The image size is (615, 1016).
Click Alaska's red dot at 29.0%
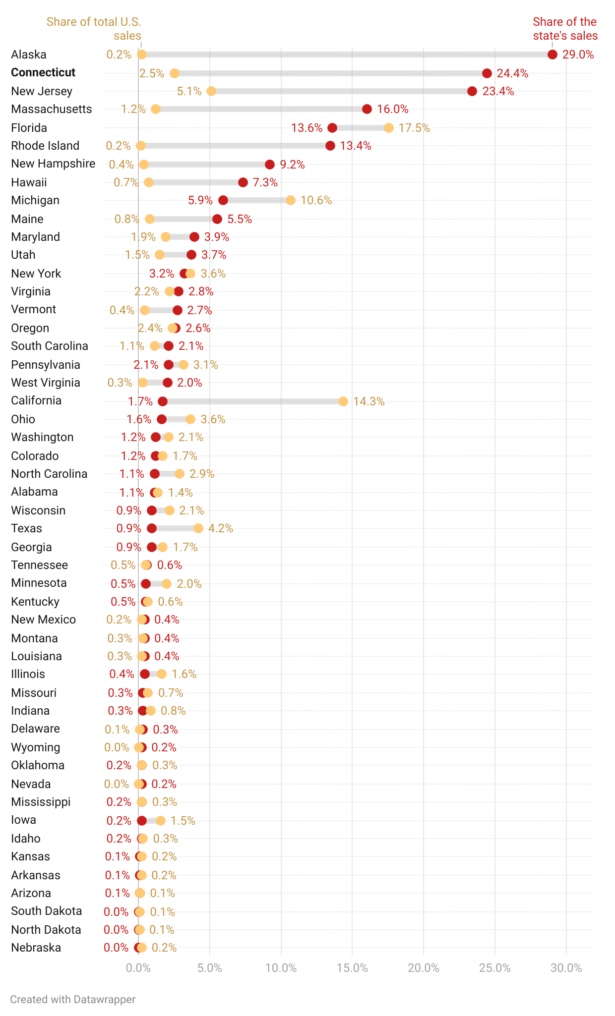click(x=552, y=55)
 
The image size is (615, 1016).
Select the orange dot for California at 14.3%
click(x=343, y=401)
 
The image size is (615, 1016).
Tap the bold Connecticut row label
click(x=43, y=72)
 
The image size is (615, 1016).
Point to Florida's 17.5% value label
click(x=414, y=128)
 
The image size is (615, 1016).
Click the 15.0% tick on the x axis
click(x=352, y=968)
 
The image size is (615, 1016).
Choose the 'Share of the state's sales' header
click(x=565, y=29)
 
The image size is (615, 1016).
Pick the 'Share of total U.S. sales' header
click(x=94, y=29)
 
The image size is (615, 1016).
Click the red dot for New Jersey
click(x=472, y=91)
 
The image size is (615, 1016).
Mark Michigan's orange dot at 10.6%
click(x=291, y=200)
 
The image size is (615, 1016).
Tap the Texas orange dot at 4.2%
click(x=198, y=528)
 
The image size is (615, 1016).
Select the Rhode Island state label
click(x=45, y=146)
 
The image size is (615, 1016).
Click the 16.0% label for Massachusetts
click(x=392, y=109)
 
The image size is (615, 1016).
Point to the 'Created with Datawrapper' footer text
click(x=72, y=999)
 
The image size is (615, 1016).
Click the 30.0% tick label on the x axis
click(x=566, y=968)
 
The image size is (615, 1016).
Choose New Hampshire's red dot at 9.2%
click(x=270, y=165)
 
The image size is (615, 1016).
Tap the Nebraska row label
click(x=36, y=948)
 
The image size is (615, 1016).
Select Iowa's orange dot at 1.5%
click(x=160, y=821)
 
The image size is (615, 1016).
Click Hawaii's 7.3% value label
click(x=265, y=182)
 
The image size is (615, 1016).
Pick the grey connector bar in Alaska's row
click(x=347, y=55)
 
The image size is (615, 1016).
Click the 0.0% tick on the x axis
click(x=138, y=968)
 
